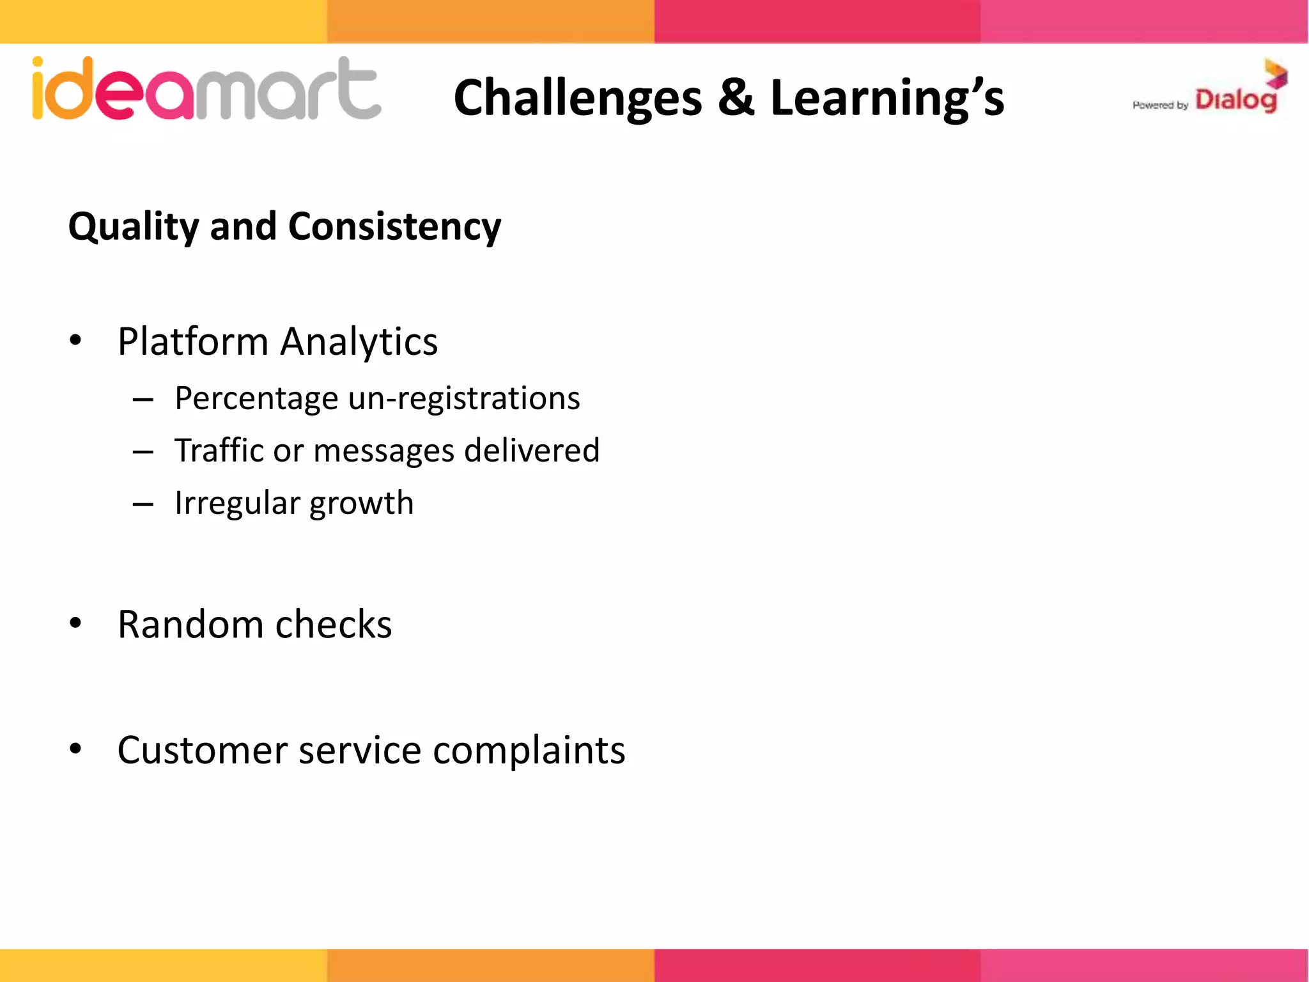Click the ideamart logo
[x=206, y=90]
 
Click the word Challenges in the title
[x=577, y=98]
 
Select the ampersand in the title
[x=736, y=98]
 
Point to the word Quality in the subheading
[x=134, y=228]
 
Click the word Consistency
[x=394, y=228]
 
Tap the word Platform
[x=193, y=341]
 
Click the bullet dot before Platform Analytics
[x=75, y=341]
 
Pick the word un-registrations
[x=464, y=399]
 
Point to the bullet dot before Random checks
[x=75, y=623]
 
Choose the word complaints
[x=529, y=751]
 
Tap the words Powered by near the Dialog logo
[x=1159, y=105]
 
